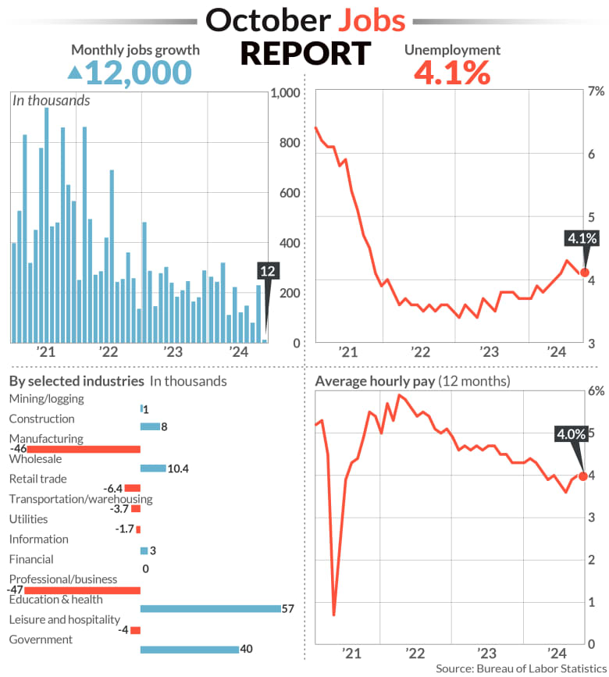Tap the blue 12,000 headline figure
point(138,73)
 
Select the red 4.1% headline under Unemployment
point(451,73)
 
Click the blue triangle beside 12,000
point(74,73)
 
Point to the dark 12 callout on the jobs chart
point(267,271)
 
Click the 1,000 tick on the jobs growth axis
point(285,93)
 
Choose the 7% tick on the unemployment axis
point(595,91)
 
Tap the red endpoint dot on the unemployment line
point(583,272)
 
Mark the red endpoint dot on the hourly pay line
point(583,476)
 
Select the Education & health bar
point(210,608)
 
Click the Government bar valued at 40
point(189,649)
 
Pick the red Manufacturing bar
point(84,449)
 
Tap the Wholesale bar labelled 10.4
point(152,469)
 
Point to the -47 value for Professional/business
point(16,590)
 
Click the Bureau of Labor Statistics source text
point(518,668)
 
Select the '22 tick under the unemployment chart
point(422,351)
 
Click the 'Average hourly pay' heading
point(374,381)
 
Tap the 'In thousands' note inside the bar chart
point(51,100)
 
